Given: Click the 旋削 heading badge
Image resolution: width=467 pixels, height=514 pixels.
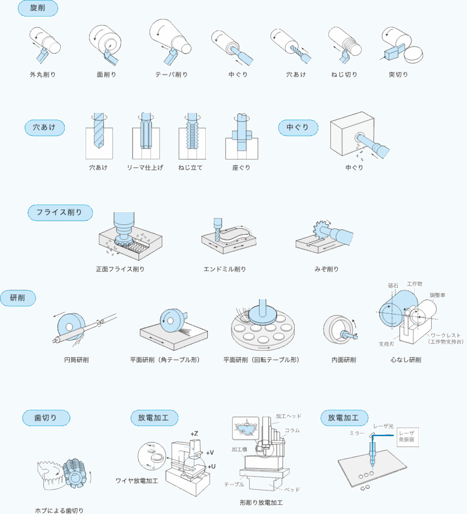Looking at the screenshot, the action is click(x=38, y=8).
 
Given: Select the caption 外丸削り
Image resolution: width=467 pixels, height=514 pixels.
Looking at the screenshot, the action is click(x=43, y=75).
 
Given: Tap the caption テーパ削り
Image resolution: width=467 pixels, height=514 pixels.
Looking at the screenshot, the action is click(x=171, y=75).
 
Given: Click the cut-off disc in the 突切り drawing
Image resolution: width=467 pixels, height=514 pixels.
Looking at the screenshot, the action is click(x=413, y=55).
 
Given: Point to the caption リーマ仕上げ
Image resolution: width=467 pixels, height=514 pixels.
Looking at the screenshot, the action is click(x=145, y=168).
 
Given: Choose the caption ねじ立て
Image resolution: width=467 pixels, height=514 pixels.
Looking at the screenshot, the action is click(x=190, y=168).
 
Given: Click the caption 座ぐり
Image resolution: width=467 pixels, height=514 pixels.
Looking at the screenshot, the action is click(x=242, y=168).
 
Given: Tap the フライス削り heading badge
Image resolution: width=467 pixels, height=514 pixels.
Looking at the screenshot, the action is click(x=60, y=212).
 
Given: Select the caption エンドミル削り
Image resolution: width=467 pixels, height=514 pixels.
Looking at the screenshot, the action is click(x=224, y=269).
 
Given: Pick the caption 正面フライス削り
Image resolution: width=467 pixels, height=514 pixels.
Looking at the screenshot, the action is click(x=121, y=269).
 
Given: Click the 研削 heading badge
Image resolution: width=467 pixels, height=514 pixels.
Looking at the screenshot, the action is click(x=18, y=298).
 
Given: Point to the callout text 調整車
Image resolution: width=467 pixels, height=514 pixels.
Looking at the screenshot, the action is click(x=437, y=295).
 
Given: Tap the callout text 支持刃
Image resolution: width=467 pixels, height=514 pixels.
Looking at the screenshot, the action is click(x=386, y=344).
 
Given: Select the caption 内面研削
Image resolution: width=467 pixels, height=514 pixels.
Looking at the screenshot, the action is click(x=343, y=360).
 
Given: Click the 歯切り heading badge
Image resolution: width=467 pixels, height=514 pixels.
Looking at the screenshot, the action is click(x=46, y=418).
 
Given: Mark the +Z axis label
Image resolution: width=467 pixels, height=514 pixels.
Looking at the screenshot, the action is click(x=194, y=434).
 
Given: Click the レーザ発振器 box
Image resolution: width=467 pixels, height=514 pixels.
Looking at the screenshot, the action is click(x=408, y=437).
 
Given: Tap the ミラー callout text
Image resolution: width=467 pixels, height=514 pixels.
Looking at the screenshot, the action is click(x=357, y=433).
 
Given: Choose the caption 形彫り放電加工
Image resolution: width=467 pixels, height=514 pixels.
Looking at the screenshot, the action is click(x=262, y=502).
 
